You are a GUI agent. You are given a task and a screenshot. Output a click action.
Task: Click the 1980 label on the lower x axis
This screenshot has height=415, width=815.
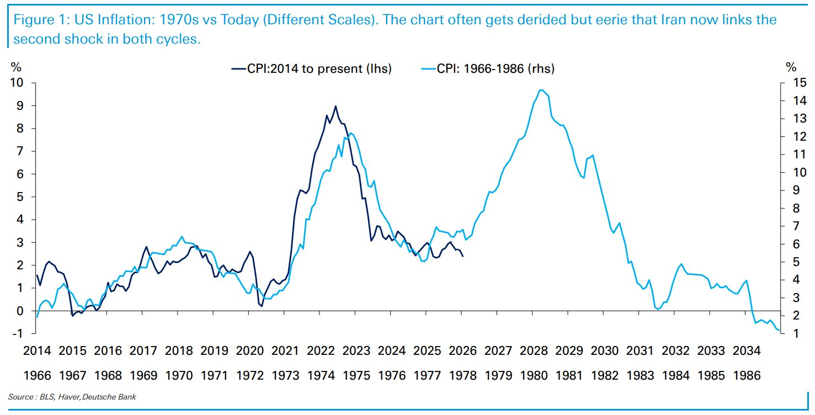coord(533,375)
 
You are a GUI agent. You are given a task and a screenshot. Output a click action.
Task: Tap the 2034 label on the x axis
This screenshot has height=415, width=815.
coord(746,350)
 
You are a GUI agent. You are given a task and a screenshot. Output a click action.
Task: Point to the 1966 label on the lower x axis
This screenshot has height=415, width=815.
coord(38,375)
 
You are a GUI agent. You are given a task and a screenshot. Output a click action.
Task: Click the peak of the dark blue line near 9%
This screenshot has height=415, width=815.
coord(335,106)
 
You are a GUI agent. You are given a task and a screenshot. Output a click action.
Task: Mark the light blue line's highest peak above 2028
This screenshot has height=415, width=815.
coord(541,90)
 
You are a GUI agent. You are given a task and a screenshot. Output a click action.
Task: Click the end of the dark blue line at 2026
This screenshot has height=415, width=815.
coord(462,256)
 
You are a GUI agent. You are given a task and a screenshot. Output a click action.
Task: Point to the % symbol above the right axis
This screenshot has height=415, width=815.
coord(791,67)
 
